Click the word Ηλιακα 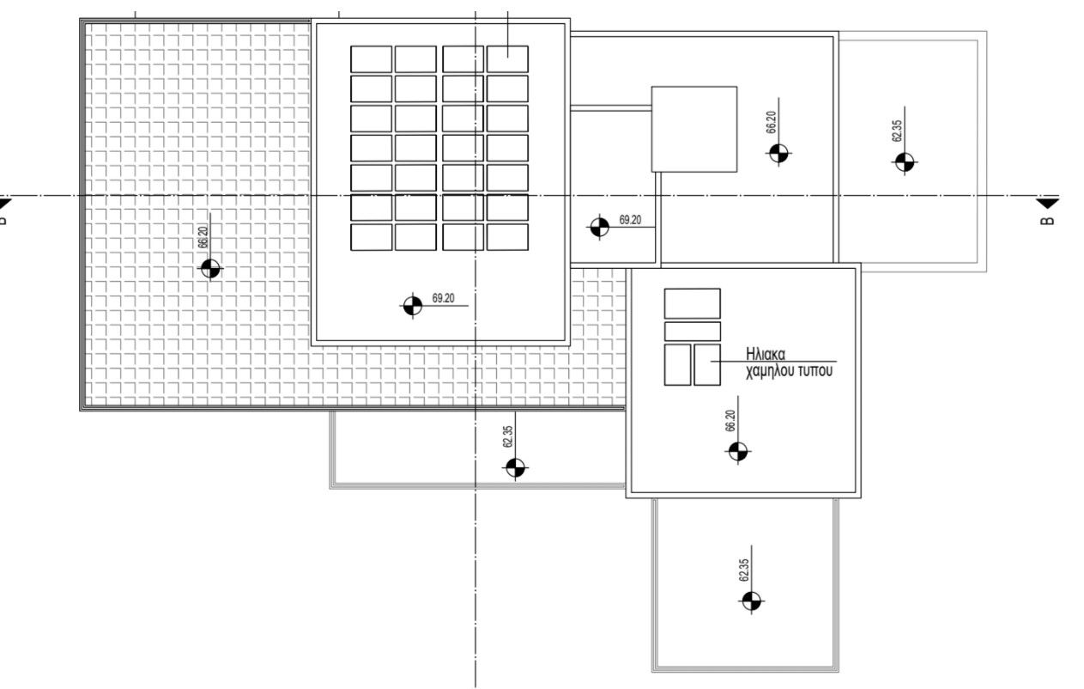(x=766, y=354)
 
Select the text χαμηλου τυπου (x=789, y=371)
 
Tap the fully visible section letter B (x=1046, y=221)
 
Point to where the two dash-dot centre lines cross (x=475, y=196)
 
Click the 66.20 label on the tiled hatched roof (x=203, y=237)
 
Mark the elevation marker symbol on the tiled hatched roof (x=210, y=268)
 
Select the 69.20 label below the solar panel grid (x=443, y=298)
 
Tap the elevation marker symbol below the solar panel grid (x=412, y=306)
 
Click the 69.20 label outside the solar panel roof (x=630, y=220)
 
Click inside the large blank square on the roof (x=694, y=130)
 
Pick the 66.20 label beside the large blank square (x=772, y=122)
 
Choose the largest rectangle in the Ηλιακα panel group (x=692, y=303)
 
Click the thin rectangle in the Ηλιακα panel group (x=692, y=332)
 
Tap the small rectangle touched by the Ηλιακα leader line (x=707, y=365)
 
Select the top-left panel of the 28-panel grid (x=371, y=59)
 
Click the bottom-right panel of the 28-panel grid (x=507, y=237)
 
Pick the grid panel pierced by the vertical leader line (x=507, y=59)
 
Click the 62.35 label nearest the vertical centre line (x=507, y=436)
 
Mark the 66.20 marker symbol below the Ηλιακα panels (x=738, y=452)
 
